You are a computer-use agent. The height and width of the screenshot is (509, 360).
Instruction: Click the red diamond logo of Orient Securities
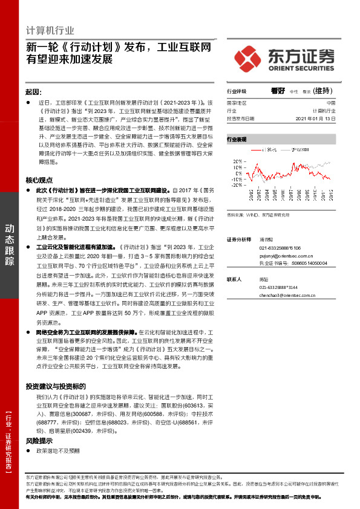(250, 59)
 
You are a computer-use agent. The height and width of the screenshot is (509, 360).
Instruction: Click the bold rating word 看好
(278, 91)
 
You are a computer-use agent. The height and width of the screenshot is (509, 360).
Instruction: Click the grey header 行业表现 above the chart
(237, 140)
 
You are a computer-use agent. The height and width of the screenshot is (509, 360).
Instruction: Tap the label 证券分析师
(238, 239)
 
